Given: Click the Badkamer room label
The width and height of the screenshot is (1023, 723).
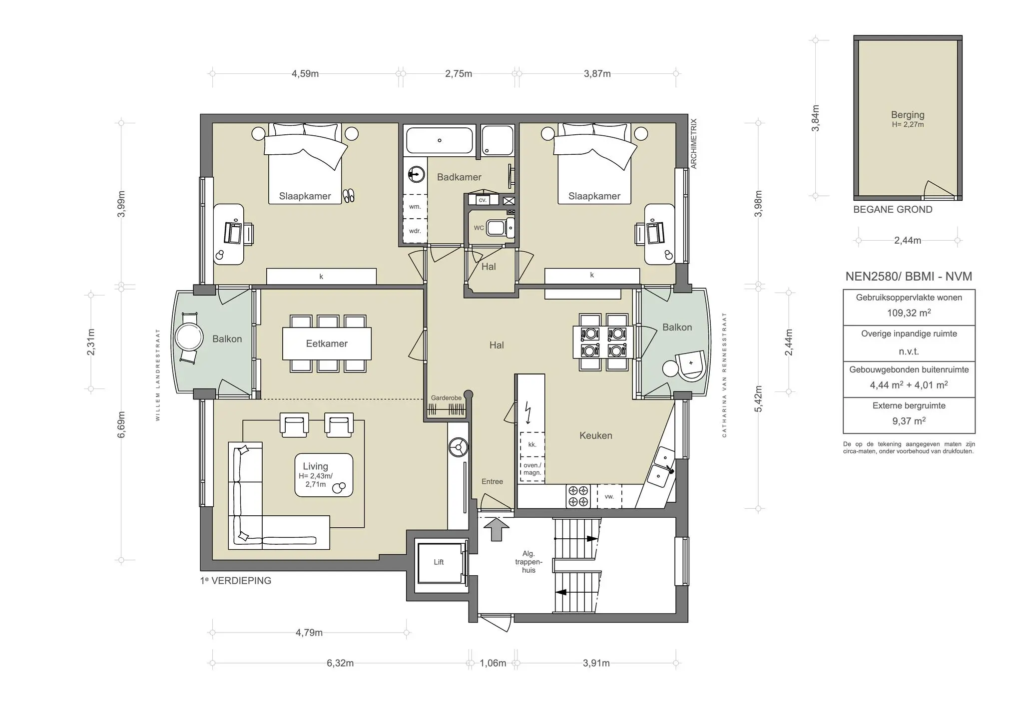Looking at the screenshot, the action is click(459, 177).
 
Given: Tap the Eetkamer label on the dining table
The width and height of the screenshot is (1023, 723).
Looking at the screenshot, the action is click(327, 344).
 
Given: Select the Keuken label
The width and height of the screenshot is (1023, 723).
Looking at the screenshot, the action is click(595, 435).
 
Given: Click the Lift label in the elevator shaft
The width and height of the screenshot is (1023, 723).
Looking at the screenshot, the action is click(439, 562).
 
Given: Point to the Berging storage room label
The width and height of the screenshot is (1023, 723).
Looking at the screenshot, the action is click(908, 115).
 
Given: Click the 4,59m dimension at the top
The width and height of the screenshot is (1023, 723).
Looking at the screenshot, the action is click(305, 74).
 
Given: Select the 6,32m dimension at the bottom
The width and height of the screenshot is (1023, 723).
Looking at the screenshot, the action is click(340, 663).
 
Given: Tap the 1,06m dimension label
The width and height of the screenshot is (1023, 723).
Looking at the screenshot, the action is click(493, 663).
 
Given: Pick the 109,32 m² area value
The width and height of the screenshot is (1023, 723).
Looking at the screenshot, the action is click(909, 313).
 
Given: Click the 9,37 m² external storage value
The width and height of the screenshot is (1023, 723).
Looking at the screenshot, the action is click(909, 421).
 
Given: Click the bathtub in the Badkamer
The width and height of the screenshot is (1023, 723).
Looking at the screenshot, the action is click(440, 140).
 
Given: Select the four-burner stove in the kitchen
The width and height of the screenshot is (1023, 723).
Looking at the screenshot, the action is click(578, 496).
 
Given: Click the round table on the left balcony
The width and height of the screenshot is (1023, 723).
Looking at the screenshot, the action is click(189, 338).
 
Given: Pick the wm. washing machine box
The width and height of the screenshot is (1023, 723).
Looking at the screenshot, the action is click(415, 206).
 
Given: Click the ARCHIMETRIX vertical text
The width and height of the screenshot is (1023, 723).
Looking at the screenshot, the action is click(693, 144).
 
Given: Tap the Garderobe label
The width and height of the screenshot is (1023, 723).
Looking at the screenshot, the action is click(446, 398).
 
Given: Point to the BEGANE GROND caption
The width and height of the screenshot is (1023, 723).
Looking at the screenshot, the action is click(893, 210).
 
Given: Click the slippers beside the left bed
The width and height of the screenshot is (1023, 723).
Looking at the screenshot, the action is click(348, 195).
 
